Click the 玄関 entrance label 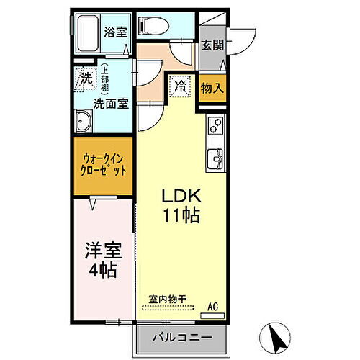[212, 45]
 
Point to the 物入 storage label [212, 88]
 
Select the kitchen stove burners [215, 126]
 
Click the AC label [212, 306]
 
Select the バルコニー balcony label [181, 336]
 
